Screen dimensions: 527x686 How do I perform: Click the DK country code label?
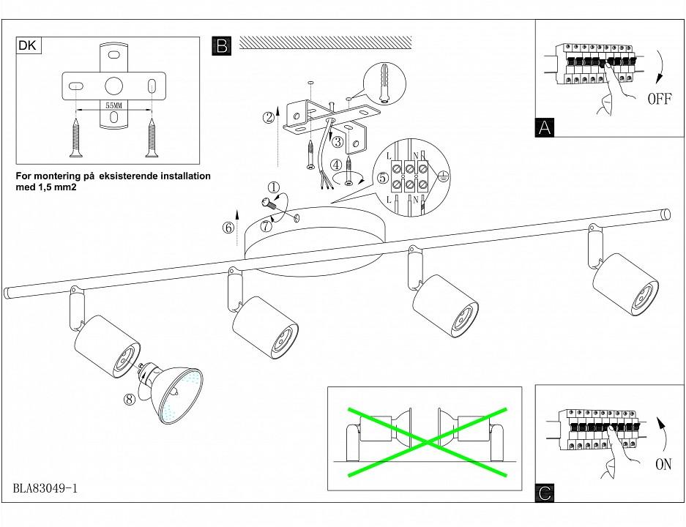pos(27,46)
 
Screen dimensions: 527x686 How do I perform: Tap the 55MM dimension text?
pos(113,106)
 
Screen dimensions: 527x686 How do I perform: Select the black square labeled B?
pos(221,46)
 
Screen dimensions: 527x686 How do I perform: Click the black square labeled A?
pos(545,127)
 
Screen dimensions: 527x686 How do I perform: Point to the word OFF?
pos(659,100)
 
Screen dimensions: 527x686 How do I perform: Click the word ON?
pos(663,464)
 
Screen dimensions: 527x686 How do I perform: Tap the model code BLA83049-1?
pos(45,488)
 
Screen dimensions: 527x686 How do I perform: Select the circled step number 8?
pos(130,399)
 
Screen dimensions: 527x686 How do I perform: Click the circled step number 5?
pos(382,178)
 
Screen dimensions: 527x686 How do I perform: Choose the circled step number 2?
pos(269,116)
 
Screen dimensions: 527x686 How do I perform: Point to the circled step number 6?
pos(228,227)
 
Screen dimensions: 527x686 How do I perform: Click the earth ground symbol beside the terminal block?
pos(442,174)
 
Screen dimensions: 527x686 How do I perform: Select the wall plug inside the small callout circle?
pos(382,78)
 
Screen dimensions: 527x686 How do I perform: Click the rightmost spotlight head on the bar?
pos(626,285)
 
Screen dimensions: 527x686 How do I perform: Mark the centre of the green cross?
pos(426,437)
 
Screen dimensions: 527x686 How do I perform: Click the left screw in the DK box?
pos(75,137)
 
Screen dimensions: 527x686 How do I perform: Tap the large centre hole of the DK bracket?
pos(113,86)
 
